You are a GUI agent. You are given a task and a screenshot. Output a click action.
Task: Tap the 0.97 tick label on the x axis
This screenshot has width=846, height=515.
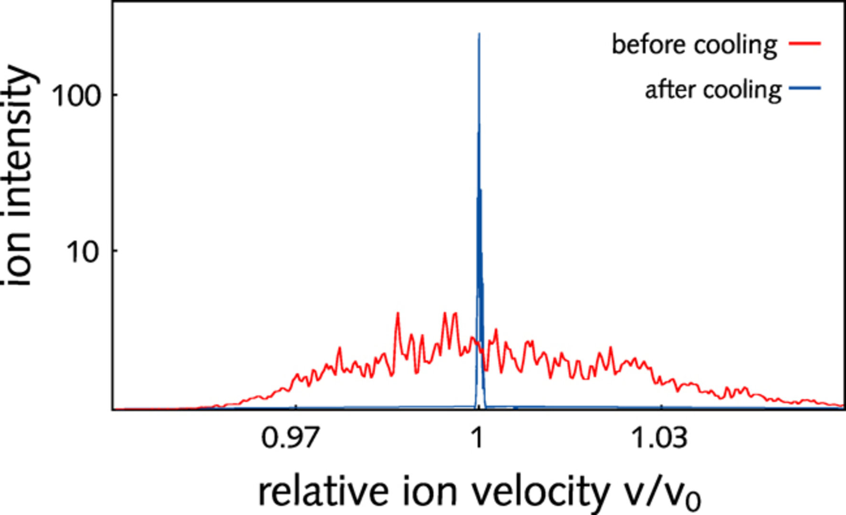(x=289, y=438)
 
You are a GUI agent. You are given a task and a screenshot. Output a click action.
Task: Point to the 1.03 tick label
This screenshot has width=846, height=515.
(x=659, y=438)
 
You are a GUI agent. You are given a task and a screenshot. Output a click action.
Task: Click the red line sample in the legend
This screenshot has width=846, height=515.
(x=804, y=44)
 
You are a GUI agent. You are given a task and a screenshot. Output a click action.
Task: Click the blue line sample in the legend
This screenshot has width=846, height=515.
(x=804, y=88)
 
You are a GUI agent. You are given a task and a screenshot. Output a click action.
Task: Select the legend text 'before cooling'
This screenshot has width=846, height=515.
(x=694, y=45)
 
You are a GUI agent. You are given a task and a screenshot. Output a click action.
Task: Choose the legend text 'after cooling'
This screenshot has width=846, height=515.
(x=713, y=90)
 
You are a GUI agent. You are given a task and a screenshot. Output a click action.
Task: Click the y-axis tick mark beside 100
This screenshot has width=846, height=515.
(x=115, y=95)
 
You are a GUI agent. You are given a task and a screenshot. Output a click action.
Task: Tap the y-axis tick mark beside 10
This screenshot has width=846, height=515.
(x=115, y=251)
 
